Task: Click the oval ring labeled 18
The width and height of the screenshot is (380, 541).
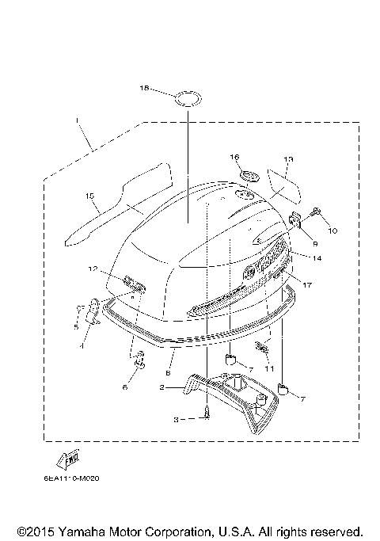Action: pyautogui.click(x=188, y=99)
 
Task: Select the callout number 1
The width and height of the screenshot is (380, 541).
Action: pyautogui.click(x=77, y=121)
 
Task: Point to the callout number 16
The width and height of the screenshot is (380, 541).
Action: pyautogui.click(x=234, y=157)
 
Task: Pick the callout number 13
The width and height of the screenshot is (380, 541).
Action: pyautogui.click(x=288, y=160)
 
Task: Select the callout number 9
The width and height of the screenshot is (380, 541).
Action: pyautogui.click(x=313, y=243)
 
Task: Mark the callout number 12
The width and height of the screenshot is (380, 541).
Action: pyautogui.click(x=93, y=269)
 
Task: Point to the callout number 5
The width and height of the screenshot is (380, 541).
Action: pyautogui.click(x=76, y=326)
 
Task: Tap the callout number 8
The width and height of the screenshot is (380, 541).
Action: pyautogui.click(x=168, y=371)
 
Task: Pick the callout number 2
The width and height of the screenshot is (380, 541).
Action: pyautogui.click(x=162, y=387)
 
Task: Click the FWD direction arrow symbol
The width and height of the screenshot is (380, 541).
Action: pyautogui.click(x=67, y=459)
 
